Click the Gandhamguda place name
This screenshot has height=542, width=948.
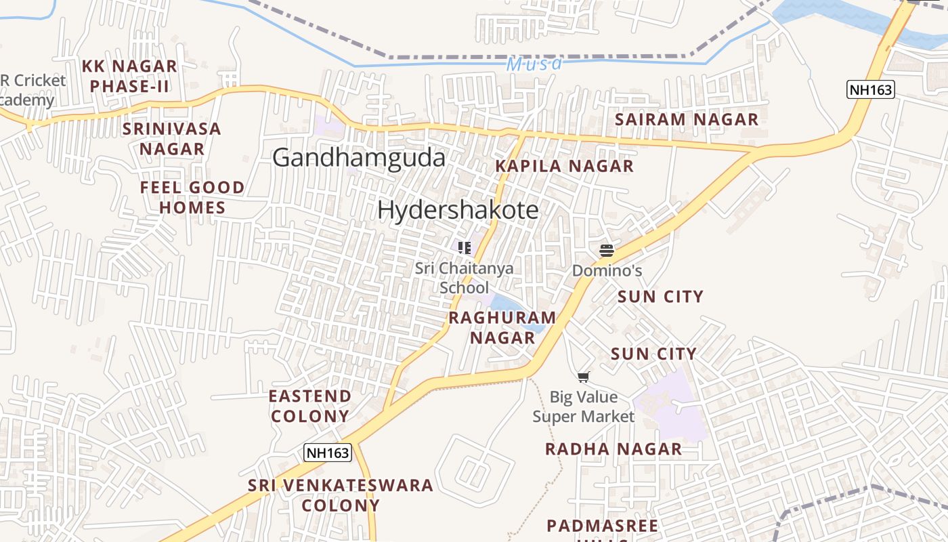pyautogui.click(x=359, y=158)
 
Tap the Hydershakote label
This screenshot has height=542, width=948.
pyautogui.click(x=458, y=210)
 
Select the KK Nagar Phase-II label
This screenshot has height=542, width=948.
pyautogui.click(x=129, y=76)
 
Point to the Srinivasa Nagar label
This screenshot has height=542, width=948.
pyautogui.click(x=172, y=139)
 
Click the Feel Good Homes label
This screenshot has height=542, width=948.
pyautogui.click(x=192, y=197)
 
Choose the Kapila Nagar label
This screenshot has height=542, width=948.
pyautogui.click(x=564, y=166)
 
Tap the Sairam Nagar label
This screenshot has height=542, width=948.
pyautogui.click(x=687, y=120)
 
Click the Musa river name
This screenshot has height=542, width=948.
pyautogui.click(x=534, y=64)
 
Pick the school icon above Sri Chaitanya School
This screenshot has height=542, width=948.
pyautogui.click(x=464, y=248)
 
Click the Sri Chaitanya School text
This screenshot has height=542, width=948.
pyautogui.click(x=464, y=277)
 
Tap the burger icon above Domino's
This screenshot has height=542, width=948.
pyautogui.click(x=607, y=251)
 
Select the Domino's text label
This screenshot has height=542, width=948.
pyautogui.click(x=607, y=270)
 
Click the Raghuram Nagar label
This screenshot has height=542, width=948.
pyautogui.click(x=502, y=327)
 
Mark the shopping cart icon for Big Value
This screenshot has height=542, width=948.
pyautogui.click(x=584, y=377)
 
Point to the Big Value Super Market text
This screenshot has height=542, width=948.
pyautogui.click(x=584, y=406)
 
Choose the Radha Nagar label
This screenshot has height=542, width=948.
pyautogui.click(x=613, y=449)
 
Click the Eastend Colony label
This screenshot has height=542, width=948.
pyautogui.click(x=310, y=406)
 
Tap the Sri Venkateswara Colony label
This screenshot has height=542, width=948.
pyautogui.click(x=341, y=495)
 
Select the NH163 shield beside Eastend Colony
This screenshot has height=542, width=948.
pyautogui.click(x=328, y=453)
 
